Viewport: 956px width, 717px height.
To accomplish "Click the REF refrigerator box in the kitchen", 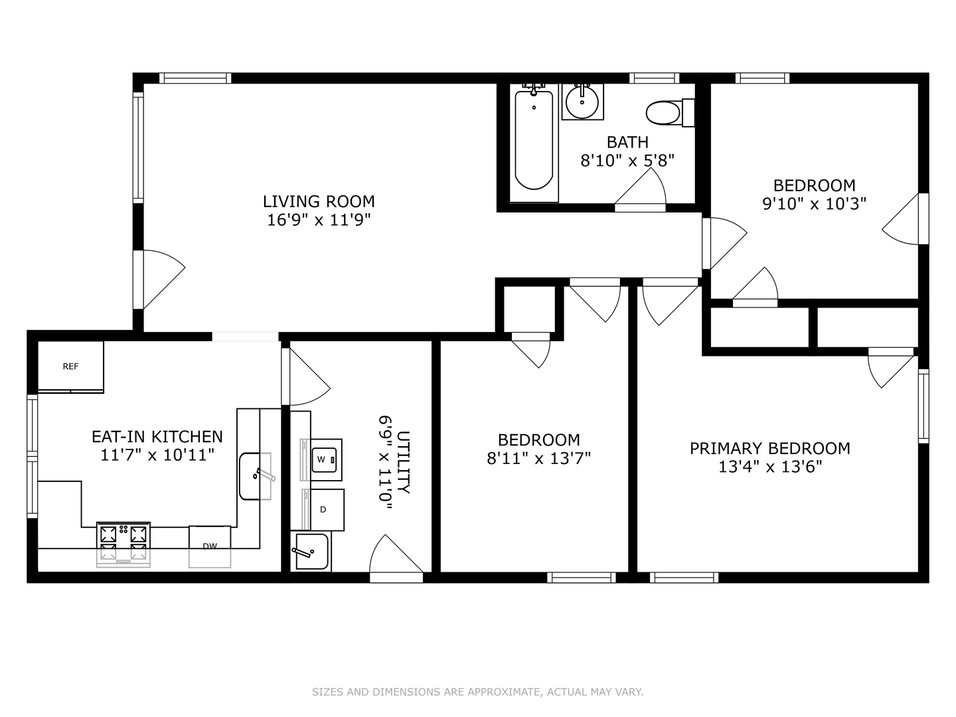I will point(70,366).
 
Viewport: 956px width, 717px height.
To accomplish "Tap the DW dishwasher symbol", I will point(210,546).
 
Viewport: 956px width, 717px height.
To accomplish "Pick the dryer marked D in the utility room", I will point(324,510).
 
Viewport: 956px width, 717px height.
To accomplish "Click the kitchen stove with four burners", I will point(123,543).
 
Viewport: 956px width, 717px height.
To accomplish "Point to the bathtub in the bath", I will point(534,140).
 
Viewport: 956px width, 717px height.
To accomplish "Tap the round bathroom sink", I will point(582,102).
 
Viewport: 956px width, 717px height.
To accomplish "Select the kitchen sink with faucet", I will point(256,475).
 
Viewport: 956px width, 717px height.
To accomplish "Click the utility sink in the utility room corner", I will point(311,552).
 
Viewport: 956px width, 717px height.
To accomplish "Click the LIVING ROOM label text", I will point(319,201).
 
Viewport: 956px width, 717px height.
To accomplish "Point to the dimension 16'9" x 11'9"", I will point(319,220).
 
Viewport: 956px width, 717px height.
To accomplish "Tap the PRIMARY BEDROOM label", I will point(769,448).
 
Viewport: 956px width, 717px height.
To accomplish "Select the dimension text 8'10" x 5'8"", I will point(627,160).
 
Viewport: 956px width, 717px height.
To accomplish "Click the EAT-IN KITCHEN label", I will point(157,436).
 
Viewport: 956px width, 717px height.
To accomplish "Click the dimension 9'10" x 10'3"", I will point(814,203).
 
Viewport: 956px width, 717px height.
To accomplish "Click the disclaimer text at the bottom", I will point(477,692).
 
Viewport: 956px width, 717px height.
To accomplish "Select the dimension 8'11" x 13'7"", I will point(538,458).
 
